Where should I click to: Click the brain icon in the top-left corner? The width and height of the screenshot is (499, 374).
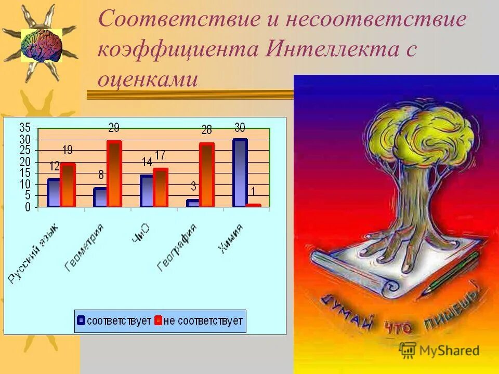click(42, 45)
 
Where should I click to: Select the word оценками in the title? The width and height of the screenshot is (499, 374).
click(148, 79)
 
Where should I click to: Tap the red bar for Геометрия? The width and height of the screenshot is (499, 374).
click(114, 173)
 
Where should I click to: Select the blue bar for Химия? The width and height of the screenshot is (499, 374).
click(240, 173)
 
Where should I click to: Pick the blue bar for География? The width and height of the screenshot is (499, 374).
click(192, 203)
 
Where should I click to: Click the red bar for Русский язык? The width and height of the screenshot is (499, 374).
click(68, 185)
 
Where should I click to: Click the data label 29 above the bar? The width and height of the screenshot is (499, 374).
click(114, 128)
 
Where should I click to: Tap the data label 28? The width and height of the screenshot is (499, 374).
click(206, 130)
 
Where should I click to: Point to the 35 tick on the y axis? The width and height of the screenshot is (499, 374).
click(24, 128)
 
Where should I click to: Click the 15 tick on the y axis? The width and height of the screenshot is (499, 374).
click(24, 173)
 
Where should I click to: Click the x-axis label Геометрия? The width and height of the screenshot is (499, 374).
click(84, 248)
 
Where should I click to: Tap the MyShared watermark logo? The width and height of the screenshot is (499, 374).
click(439, 350)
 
